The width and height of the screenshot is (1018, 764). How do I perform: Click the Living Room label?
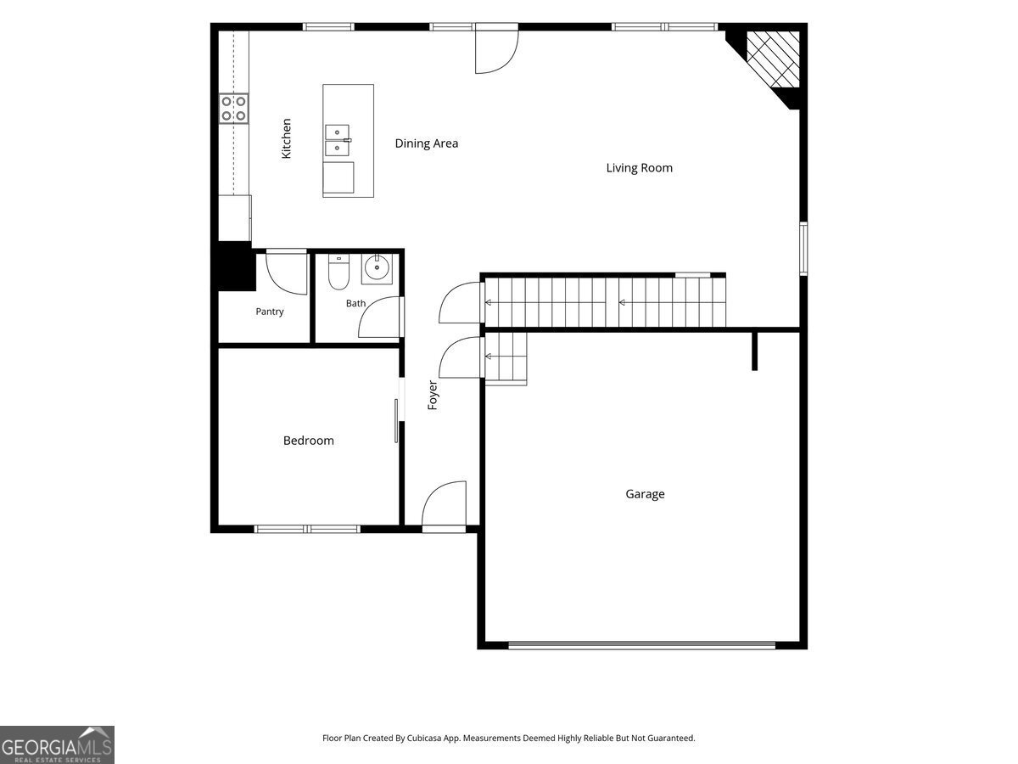point(639,167)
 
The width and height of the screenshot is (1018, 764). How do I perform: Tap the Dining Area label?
point(426,143)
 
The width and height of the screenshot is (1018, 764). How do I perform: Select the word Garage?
point(645,494)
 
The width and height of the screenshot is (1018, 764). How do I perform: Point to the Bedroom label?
point(309,441)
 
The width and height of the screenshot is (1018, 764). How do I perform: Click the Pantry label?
point(270,312)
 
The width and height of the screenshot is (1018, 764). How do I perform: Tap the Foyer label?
point(433,396)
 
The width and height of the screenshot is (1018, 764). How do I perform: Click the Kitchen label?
point(287,138)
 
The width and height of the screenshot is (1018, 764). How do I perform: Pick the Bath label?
point(355,303)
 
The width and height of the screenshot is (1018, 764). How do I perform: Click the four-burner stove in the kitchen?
point(234,108)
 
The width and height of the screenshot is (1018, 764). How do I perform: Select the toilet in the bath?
point(338,272)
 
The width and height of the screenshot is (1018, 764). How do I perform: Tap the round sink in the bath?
point(377,268)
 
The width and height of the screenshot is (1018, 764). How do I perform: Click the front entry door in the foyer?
point(444,506)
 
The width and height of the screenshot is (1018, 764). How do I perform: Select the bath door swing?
point(380,317)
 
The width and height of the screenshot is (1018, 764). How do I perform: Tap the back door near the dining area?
point(497,49)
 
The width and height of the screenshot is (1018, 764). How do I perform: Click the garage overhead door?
point(642,644)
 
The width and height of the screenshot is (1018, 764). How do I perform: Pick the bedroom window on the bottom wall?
point(307,529)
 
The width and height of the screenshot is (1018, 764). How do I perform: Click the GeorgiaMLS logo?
point(57,745)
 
